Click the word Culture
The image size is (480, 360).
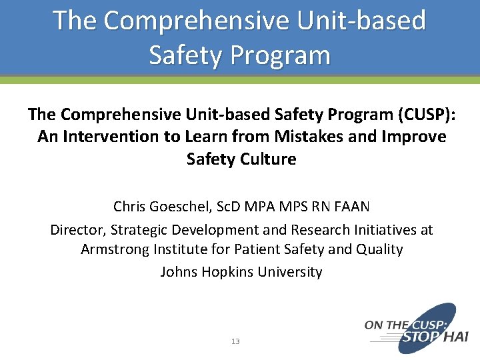[269, 159]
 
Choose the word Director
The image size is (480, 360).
[77, 230]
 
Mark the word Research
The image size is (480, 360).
[318, 230]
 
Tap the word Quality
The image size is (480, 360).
[379, 249]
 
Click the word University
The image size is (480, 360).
[291, 272]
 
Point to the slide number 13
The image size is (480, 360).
[235, 341]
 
